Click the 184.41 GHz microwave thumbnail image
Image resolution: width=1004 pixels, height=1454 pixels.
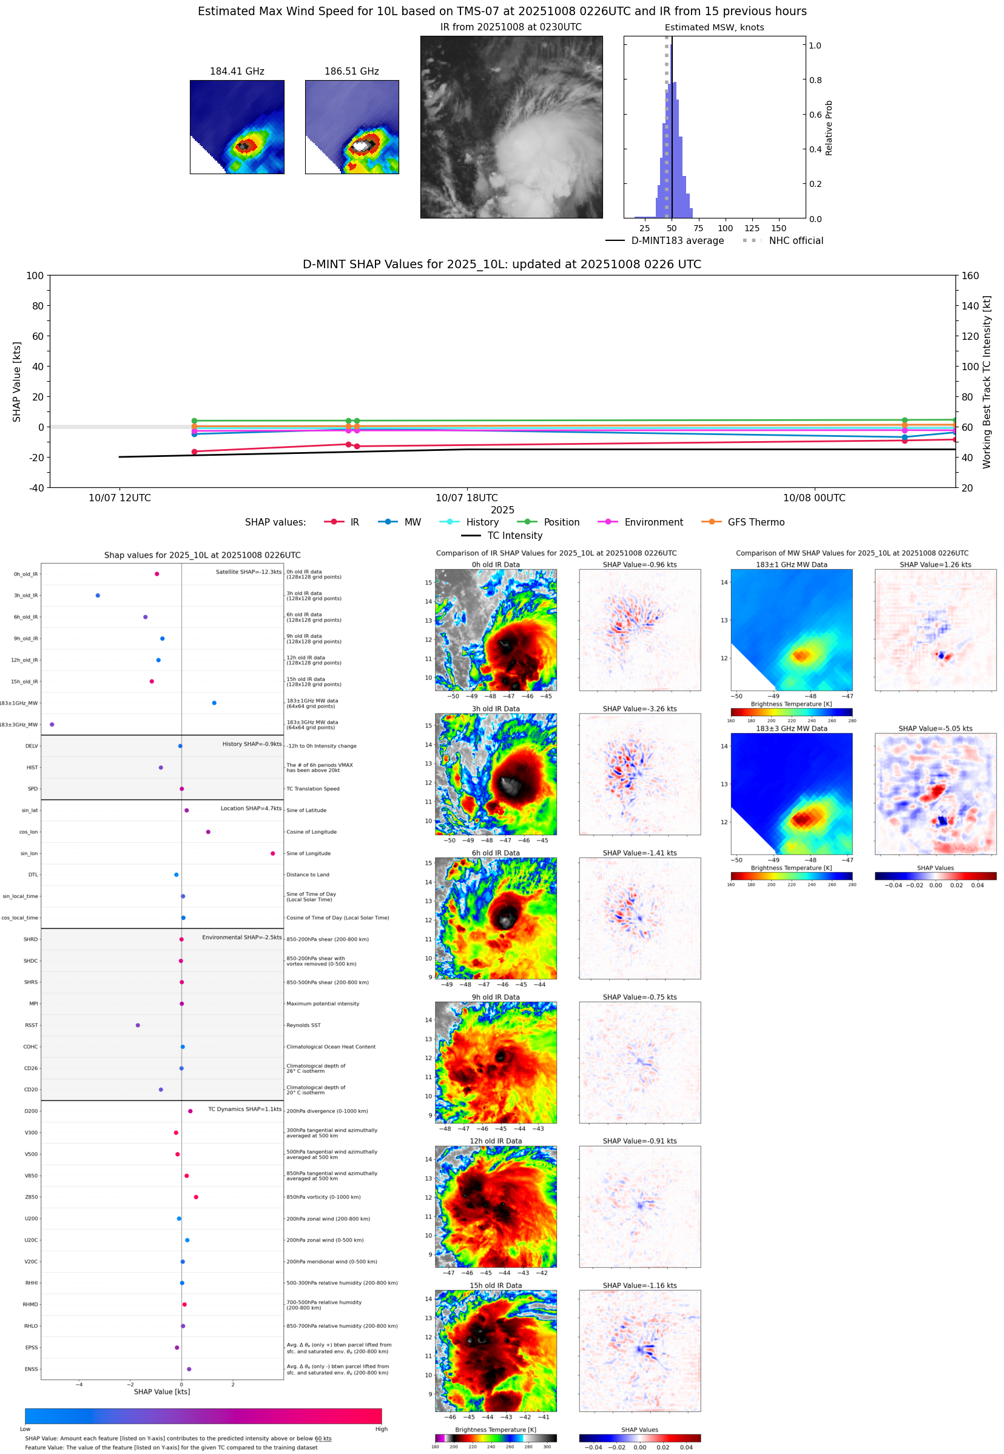[x=237, y=126]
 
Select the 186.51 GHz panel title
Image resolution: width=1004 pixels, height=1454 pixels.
[x=351, y=71]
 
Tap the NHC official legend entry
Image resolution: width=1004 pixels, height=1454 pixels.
[x=795, y=240]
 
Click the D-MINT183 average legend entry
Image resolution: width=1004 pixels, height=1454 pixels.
[x=677, y=240]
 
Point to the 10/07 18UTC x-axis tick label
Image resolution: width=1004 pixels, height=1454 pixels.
[x=466, y=498]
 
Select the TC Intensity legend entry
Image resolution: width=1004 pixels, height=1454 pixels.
[x=514, y=535]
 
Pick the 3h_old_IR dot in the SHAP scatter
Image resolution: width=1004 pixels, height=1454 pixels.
[x=98, y=595]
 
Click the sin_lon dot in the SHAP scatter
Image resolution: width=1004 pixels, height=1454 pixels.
[x=272, y=853]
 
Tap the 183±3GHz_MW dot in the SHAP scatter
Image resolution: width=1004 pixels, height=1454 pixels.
[x=52, y=724]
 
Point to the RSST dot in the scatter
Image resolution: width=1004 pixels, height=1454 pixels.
[x=138, y=1025]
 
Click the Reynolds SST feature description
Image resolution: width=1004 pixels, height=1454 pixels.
[x=303, y=1025]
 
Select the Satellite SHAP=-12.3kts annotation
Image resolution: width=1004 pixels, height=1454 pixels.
[x=248, y=572]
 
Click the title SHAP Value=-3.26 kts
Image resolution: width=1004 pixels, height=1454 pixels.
[x=639, y=708]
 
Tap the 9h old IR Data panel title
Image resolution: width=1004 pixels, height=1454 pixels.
[x=496, y=996]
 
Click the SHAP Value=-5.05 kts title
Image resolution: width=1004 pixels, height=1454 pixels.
[x=935, y=728]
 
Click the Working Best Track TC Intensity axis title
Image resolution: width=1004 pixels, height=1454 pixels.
[x=986, y=381]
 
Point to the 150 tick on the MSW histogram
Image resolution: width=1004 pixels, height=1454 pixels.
[x=778, y=228]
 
